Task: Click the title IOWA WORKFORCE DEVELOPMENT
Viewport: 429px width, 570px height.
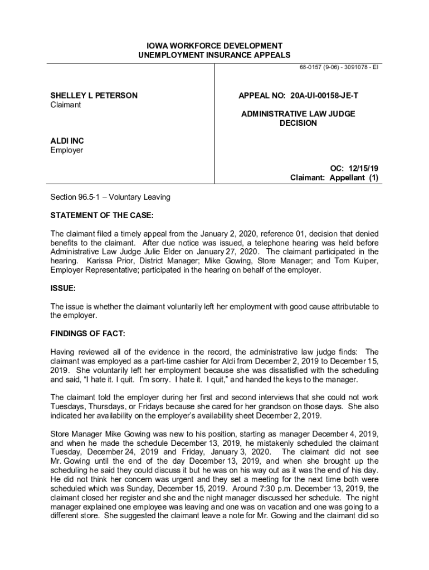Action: click(214, 46)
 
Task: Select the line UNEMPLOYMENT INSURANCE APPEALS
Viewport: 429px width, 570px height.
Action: click(214, 55)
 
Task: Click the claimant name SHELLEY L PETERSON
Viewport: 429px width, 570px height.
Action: click(94, 96)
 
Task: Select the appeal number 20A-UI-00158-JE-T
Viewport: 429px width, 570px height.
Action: click(324, 96)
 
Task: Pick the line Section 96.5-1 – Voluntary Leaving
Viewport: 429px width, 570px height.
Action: click(110, 197)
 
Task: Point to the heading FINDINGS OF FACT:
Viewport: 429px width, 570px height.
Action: click(88, 333)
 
